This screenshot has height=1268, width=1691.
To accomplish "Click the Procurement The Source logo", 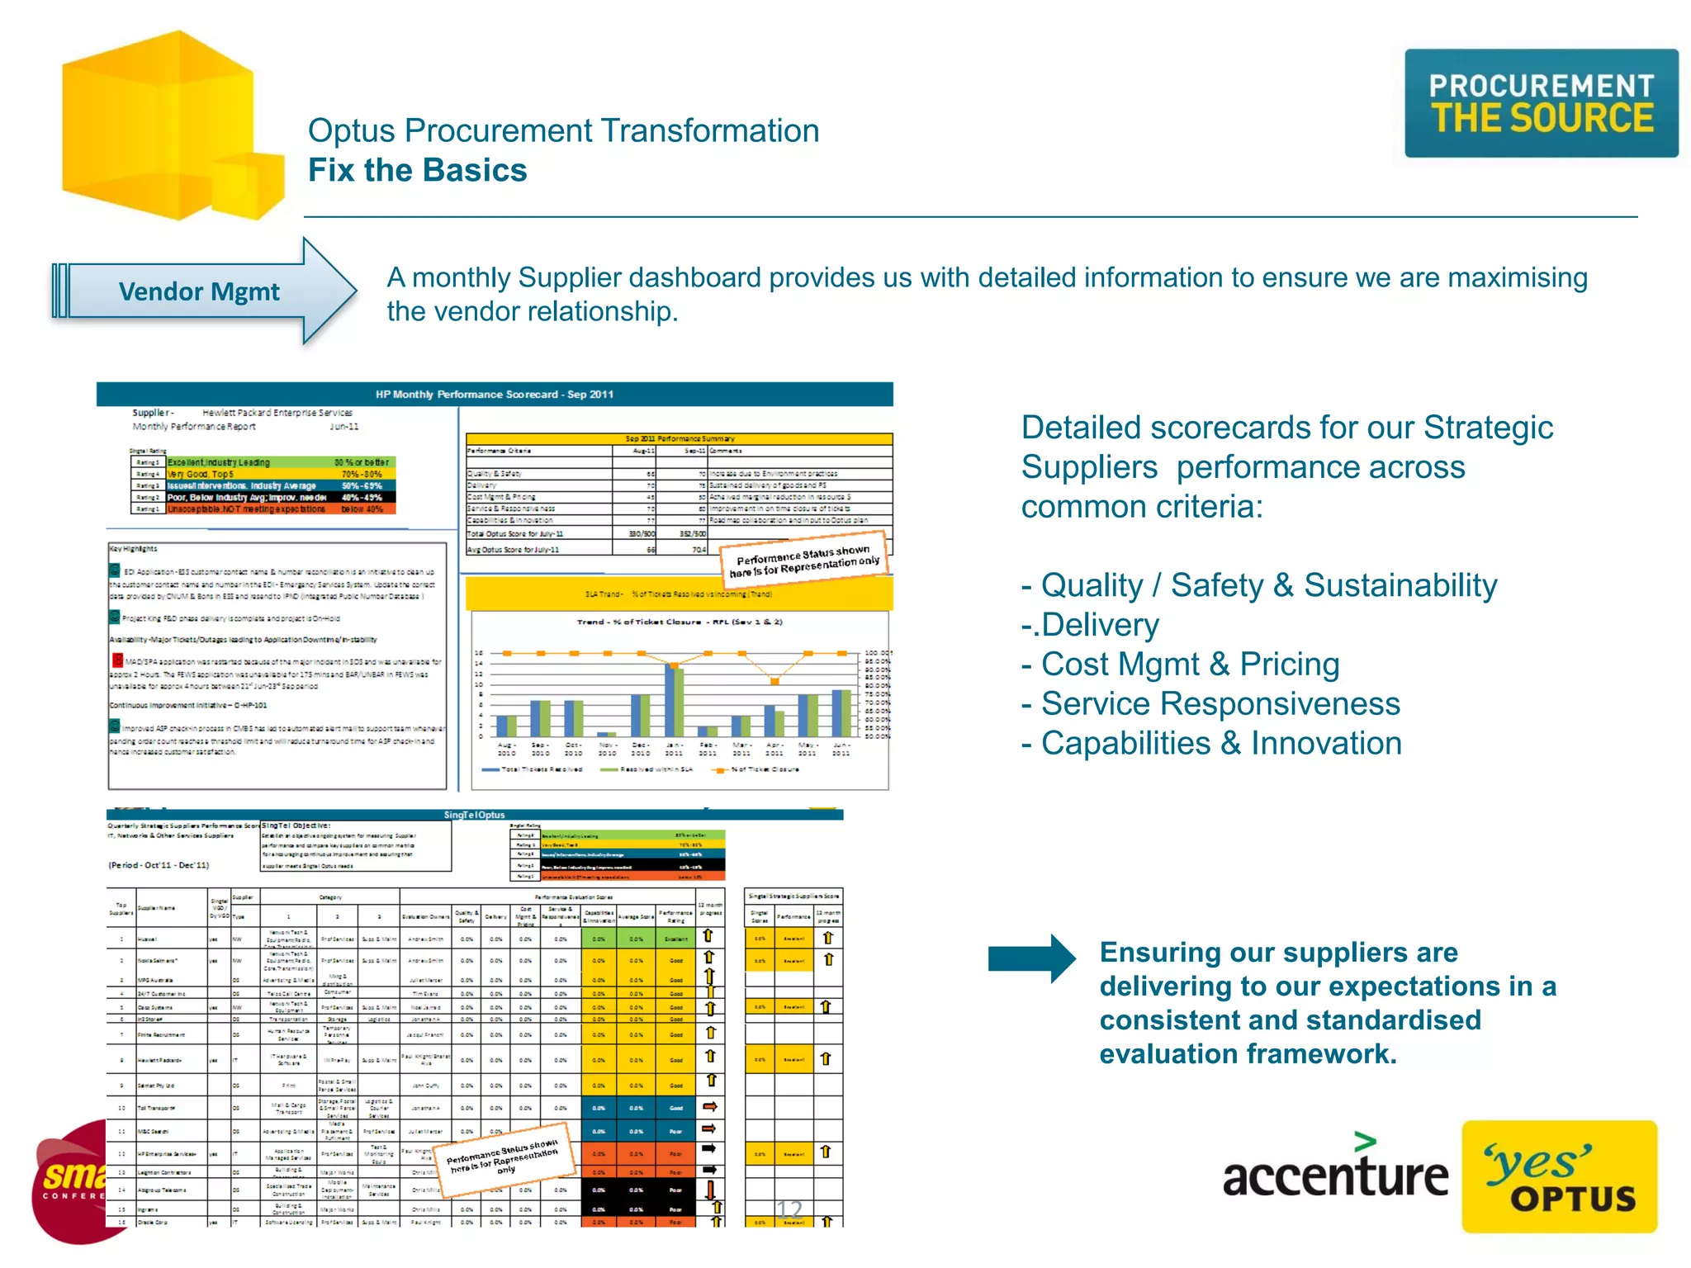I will [1541, 103].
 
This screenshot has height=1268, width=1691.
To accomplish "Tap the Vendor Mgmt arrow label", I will [199, 291].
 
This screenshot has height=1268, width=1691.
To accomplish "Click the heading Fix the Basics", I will [417, 170].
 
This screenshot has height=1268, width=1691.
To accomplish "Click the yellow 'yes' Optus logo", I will [1558, 1176].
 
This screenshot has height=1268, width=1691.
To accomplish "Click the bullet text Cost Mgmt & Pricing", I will [1189, 664].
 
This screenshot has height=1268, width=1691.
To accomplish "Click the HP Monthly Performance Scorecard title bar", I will [494, 394].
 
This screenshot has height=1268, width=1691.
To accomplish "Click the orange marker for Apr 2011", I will [774, 681].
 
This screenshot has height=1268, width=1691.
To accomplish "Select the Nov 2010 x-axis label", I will [607, 749].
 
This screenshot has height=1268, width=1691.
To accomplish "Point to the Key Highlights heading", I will [133, 548].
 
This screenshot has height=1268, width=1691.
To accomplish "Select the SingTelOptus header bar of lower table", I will [474, 815].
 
